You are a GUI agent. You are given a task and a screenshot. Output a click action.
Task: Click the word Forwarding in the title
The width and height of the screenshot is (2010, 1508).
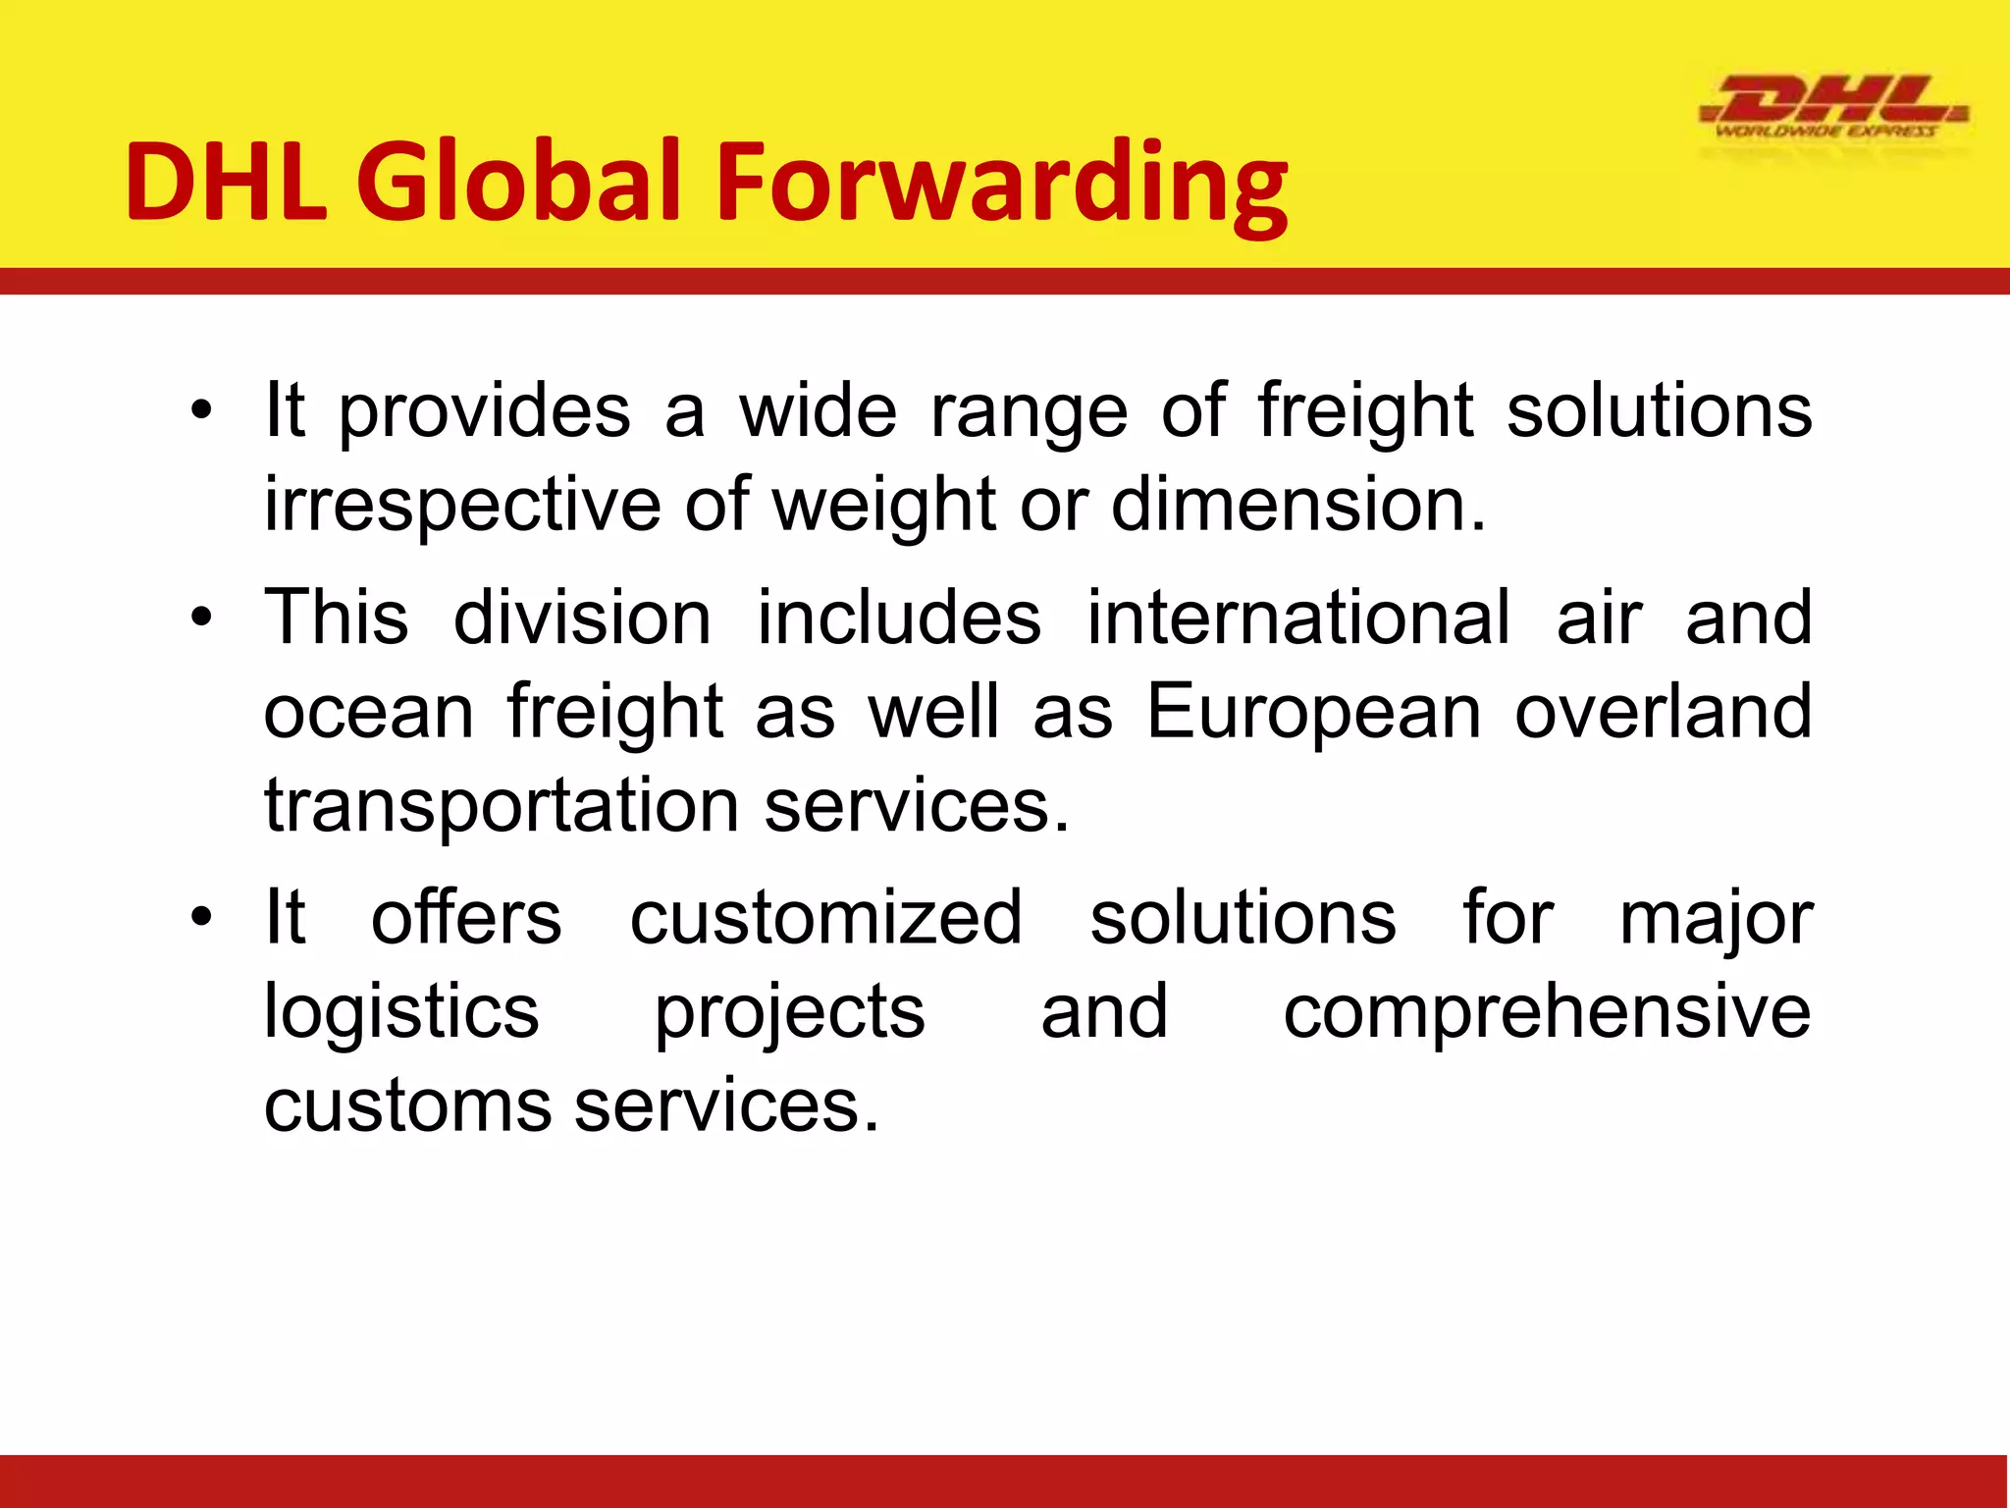click(x=1002, y=183)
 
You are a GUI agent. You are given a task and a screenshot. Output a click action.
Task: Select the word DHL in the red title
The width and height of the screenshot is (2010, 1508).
click(x=226, y=183)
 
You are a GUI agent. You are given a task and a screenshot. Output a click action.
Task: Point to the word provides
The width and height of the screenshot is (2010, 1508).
click(x=485, y=412)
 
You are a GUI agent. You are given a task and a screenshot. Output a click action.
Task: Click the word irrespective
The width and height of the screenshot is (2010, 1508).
click(x=462, y=506)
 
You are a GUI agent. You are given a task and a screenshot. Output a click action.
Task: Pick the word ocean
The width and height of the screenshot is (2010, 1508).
click(x=369, y=713)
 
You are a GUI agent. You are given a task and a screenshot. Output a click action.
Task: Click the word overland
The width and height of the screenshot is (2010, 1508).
click(x=1663, y=711)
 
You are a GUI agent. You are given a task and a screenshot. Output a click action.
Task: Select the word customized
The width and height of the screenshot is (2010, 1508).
click(x=825, y=918)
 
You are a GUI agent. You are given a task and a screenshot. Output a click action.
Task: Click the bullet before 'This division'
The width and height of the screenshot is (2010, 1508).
click(x=201, y=619)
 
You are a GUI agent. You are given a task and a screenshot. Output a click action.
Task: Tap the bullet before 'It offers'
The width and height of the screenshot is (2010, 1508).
click(x=201, y=919)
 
